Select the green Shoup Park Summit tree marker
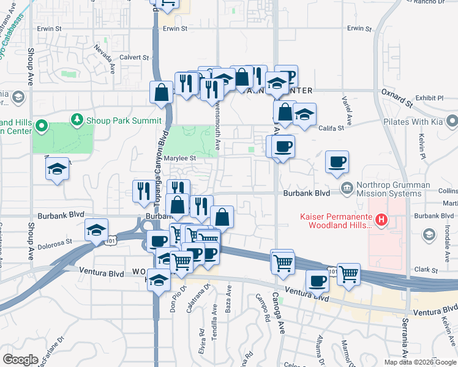77,119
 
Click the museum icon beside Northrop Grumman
347,187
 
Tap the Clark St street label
424,269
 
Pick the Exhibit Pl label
429,97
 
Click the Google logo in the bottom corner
20,360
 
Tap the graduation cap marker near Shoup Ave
57,169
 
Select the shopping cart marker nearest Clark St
348,275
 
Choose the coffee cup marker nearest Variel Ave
337,162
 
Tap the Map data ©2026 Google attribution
420,362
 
